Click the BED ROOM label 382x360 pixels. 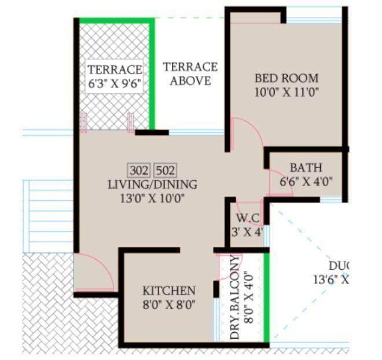tap(286, 78)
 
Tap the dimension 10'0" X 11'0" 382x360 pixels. tap(286, 92)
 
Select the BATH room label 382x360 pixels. tap(306, 168)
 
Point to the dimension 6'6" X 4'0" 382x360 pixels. tap(306, 181)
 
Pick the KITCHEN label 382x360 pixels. tap(169, 291)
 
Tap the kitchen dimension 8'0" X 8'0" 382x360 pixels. tap(169, 304)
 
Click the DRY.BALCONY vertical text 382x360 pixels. tap(236, 297)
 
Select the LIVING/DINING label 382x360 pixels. tap(152, 185)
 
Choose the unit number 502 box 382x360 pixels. tap(166, 170)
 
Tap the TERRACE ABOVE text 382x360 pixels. tap(190, 74)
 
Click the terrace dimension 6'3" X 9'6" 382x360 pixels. tap(115, 83)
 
